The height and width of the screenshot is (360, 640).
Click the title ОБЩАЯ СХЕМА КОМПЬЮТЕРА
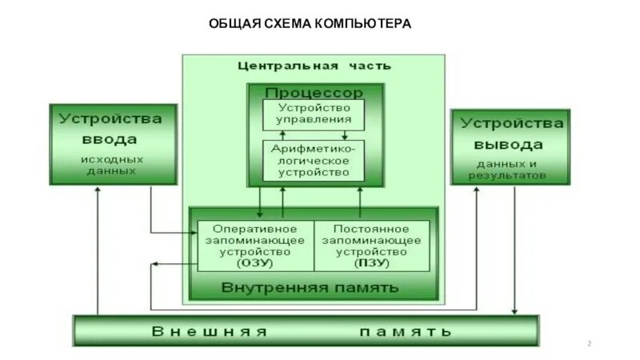(x=310, y=23)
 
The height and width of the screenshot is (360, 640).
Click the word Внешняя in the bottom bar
(x=210, y=331)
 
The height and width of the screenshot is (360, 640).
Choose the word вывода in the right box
(x=509, y=145)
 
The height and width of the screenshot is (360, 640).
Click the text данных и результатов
(x=509, y=169)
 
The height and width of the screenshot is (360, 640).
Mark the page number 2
(x=590, y=344)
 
